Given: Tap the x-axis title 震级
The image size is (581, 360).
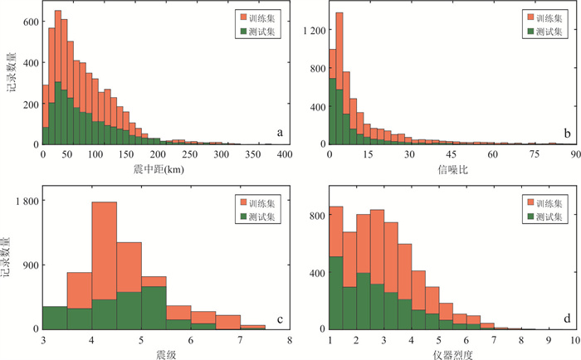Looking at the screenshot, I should (x=165, y=353).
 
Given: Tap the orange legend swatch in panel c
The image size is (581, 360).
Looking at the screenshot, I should (x=247, y=202).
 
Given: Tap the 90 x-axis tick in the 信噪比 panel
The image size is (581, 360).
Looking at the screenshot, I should (x=572, y=154).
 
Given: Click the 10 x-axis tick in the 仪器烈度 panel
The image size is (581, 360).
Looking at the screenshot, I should (x=571, y=338).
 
